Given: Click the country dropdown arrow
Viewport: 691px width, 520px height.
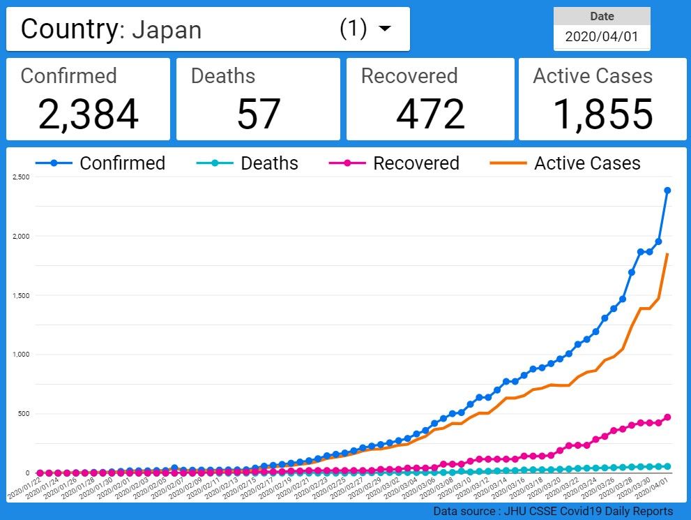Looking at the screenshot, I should pos(384,29).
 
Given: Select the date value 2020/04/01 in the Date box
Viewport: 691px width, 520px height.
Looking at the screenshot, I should pos(601,37).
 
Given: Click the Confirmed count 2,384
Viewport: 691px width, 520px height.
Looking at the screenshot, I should pos(88,114).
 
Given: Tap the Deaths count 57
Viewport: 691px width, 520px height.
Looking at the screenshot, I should pos(258,114).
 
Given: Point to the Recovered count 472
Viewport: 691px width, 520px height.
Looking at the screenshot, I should pos(430,114).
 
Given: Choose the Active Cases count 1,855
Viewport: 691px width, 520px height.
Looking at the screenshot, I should pos(602,114).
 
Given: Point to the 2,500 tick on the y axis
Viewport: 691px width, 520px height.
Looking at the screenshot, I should pos(21,177).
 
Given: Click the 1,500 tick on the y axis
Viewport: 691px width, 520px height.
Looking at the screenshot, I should pos(21,296).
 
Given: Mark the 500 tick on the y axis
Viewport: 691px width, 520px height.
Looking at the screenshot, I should pos(23,414).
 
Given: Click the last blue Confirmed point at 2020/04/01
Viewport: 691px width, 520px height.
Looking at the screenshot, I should pos(667,191).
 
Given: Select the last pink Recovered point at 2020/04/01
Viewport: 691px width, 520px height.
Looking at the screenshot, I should pos(667,417).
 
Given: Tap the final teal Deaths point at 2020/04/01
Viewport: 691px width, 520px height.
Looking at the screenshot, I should pos(667,466).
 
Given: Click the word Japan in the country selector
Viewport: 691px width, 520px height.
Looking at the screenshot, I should pos(167,30).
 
